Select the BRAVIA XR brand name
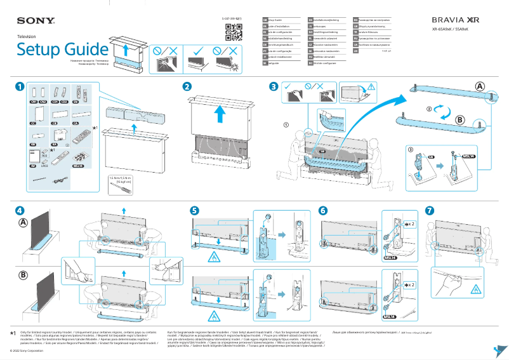pos(455,20)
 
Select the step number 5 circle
pos(194,210)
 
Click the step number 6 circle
pos(323,210)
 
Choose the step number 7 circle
pos(430,210)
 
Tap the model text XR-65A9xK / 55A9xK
pos(455,30)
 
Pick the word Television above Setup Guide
pos(27,37)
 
